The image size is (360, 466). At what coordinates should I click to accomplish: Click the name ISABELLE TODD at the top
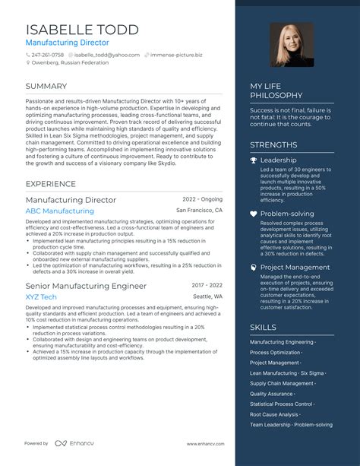pyautogui.click(x=82, y=30)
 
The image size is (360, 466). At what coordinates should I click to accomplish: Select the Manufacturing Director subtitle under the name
pyautogui.click(x=67, y=43)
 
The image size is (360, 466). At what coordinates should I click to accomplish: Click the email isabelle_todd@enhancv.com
pyautogui.click(x=109, y=55)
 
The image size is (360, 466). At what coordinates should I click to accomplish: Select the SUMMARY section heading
pyautogui.click(x=46, y=87)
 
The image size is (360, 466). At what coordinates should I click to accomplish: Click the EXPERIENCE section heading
pyautogui.click(x=50, y=184)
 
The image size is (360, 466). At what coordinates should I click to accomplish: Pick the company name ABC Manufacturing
pyautogui.click(x=59, y=211)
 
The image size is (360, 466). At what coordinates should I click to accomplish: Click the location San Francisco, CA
pyautogui.click(x=199, y=211)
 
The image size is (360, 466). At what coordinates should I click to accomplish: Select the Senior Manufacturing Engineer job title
pyautogui.click(x=86, y=286)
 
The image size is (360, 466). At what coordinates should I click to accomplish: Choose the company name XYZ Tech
pyautogui.click(x=41, y=296)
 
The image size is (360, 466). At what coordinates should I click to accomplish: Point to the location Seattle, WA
pyautogui.click(x=207, y=296)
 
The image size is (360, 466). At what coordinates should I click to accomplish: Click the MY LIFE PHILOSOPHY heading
pyautogui.click(x=276, y=91)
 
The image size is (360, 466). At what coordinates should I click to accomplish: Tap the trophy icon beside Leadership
pyautogui.click(x=254, y=160)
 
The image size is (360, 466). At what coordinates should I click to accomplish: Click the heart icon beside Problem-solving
pyautogui.click(x=254, y=214)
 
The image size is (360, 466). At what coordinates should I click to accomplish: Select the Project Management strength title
pyautogui.click(x=295, y=268)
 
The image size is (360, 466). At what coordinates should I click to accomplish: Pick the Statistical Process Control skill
pyautogui.click(x=281, y=404)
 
